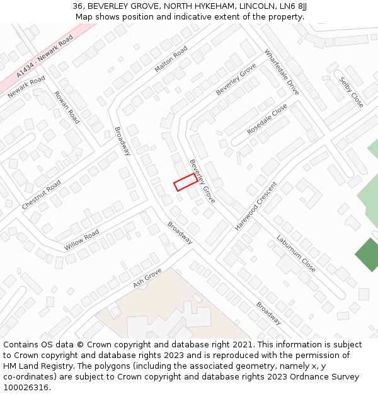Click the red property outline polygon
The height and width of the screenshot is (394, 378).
click(185, 182)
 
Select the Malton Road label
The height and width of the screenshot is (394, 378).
click(171, 59)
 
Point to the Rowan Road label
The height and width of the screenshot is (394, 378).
click(67, 107)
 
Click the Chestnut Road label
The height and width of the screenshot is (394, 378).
click(41, 195)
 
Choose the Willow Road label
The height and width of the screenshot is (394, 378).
click(81, 240)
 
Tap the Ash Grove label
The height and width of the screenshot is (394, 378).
click(147, 278)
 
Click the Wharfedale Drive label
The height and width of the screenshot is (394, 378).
click(282, 72)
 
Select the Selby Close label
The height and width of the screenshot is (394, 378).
click(352, 92)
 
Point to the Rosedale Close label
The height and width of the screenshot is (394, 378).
click(267, 119)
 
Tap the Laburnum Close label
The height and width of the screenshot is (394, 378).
click(295, 253)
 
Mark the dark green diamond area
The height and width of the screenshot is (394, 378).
click(367, 255)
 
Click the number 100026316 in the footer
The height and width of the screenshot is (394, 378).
click(26, 388)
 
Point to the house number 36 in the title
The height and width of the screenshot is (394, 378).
click(77, 6)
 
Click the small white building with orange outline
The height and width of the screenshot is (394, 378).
click(364, 294)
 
